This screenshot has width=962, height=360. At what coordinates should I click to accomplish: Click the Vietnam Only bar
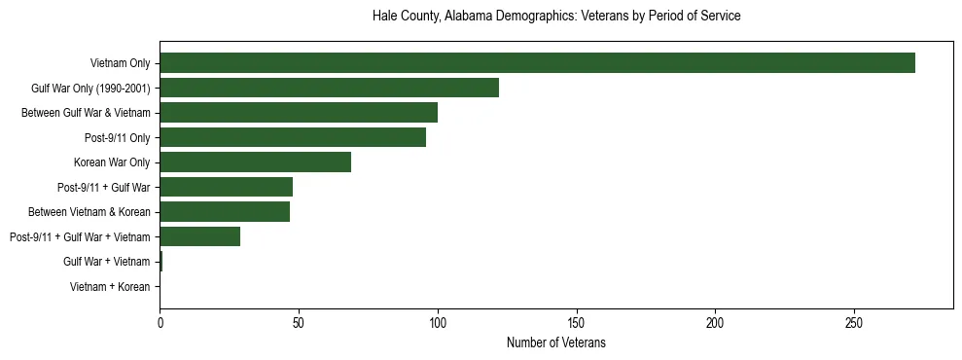(537, 63)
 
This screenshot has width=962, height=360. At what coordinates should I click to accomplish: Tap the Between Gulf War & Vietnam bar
(299, 113)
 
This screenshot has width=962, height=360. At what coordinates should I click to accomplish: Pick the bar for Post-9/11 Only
(293, 137)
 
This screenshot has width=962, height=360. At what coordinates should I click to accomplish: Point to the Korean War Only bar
(255, 162)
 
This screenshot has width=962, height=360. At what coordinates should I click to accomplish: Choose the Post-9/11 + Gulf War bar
(226, 187)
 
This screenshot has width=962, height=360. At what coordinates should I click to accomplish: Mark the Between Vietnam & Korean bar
(225, 211)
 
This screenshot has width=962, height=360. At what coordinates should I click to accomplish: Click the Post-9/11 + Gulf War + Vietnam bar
(199, 236)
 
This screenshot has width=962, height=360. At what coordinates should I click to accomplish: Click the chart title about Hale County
(556, 17)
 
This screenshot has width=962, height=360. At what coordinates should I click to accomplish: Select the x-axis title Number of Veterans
(556, 342)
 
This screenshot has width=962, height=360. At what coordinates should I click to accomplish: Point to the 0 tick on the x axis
(160, 322)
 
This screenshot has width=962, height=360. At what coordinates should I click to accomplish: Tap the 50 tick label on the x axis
(299, 322)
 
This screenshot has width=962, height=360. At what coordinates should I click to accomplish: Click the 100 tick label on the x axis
(438, 322)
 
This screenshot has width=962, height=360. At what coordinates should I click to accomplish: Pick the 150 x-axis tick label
(577, 322)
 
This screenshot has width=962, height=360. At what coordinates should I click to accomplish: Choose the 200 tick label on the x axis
(716, 322)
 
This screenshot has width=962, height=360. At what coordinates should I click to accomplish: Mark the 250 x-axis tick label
(854, 322)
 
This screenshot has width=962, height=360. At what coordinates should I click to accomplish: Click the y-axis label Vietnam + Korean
(110, 286)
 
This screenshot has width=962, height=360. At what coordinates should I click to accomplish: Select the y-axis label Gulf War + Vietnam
(106, 262)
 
